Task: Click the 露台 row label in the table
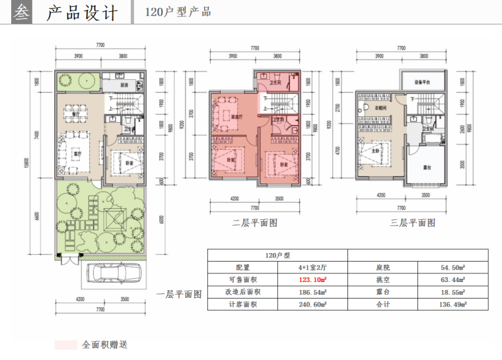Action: point(382,292)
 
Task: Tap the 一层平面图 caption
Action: point(178,294)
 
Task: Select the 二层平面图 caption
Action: point(254,223)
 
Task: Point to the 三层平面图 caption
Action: point(412,223)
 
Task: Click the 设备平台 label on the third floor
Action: point(422,83)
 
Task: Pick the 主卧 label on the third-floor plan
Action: point(375,150)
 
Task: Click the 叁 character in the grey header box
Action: point(21,13)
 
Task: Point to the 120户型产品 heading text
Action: point(178,12)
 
